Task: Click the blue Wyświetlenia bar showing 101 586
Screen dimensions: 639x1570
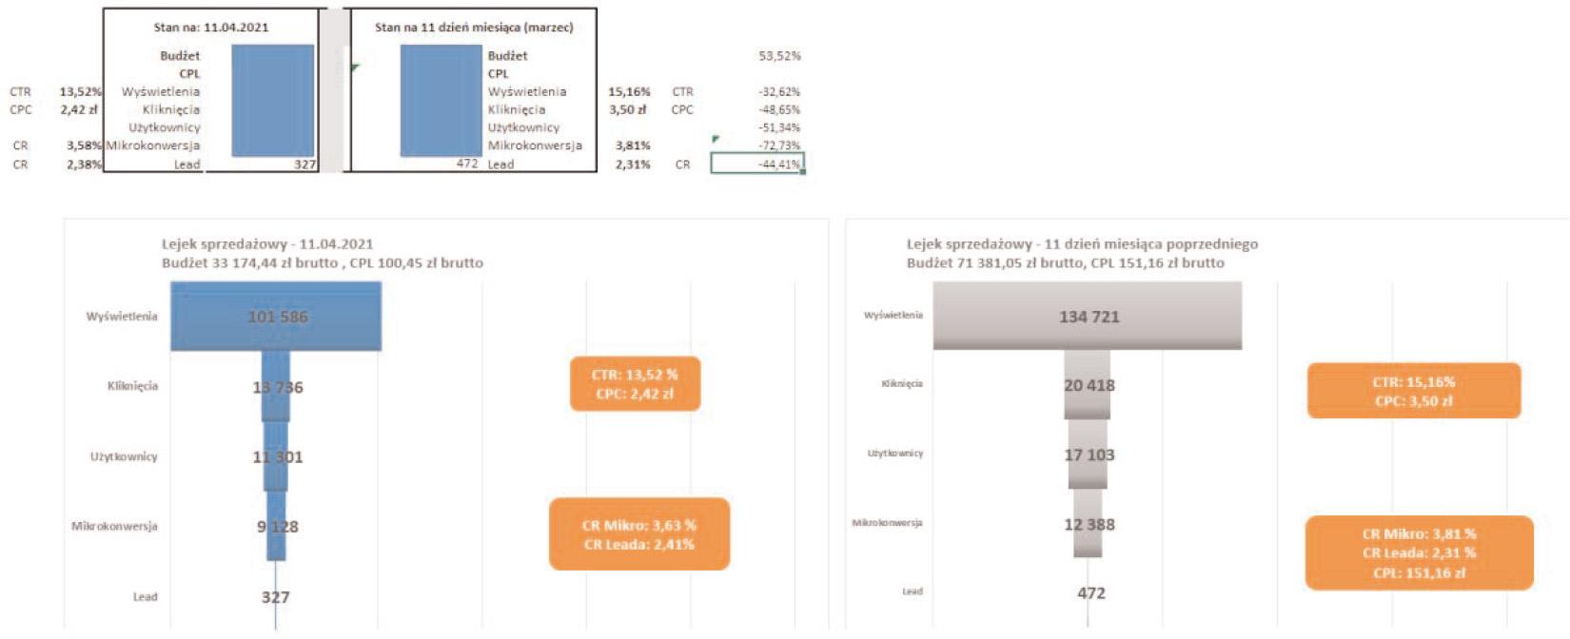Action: point(276,317)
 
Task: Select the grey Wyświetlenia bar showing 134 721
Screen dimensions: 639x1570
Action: point(1088,317)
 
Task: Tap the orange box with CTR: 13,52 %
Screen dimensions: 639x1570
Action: point(635,384)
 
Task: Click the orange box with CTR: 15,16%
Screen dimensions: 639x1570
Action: point(1414,391)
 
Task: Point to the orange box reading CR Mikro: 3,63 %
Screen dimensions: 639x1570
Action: point(639,534)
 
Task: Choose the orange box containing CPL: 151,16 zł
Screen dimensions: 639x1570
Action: point(1419,553)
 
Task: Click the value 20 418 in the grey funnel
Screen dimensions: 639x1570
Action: point(1089,385)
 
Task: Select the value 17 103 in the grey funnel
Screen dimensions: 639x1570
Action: point(1089,455)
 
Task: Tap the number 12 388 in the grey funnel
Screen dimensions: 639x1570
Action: point(1089,524)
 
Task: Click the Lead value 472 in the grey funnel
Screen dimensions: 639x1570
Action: point(1090,592)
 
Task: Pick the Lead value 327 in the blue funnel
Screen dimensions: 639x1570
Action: point(276,597)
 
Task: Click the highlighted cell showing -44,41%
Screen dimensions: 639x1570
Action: point(757,164)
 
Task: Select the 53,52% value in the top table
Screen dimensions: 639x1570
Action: point(779,55)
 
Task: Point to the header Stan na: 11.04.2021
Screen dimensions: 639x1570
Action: point(211,27)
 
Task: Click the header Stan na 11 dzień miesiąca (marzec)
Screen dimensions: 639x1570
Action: point(474,27)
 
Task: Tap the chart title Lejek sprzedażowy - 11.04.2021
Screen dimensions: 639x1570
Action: point(267,243)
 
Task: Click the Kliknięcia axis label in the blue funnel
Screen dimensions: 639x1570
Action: point(132,386)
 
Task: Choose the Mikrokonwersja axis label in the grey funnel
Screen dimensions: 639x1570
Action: point(887,523)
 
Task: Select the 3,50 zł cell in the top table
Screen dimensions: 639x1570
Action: point(627,109)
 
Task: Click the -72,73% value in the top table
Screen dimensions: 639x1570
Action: point(779,145)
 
